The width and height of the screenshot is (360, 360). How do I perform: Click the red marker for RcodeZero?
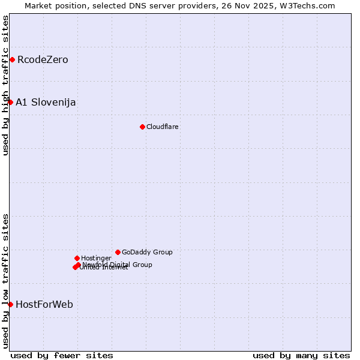(12, 59)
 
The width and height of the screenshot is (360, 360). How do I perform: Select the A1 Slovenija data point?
(10, 102)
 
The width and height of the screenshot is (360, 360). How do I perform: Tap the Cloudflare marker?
(142, 127)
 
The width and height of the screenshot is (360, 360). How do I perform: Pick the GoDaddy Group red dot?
(118, 252)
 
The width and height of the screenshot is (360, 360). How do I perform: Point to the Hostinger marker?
(77, 258)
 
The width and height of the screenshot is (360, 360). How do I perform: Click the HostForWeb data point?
(10, 304)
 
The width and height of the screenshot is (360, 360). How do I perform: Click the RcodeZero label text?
(43, 59)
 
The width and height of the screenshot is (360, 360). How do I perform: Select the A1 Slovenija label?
(46, 102)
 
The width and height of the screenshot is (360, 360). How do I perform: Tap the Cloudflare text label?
(163, 127)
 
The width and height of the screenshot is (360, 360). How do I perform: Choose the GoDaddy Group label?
(147, 252)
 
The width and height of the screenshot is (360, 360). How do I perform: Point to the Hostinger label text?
(96, 258)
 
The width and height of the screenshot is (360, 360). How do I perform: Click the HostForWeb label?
(44, 304)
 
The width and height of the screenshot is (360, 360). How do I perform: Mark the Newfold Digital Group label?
(118, 264)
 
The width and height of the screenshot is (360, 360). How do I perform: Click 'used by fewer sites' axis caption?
(62, 355)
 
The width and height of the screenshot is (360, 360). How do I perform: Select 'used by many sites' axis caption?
(301, 355)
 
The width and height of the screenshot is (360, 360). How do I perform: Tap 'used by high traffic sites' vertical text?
(5, 85)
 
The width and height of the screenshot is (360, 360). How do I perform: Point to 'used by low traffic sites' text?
(5, 280)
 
